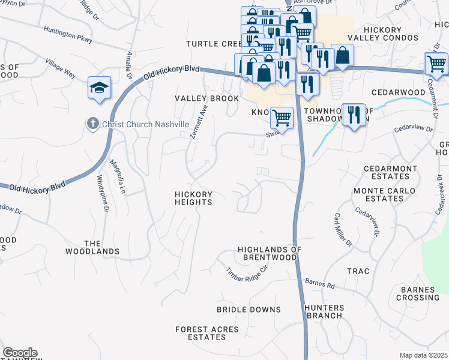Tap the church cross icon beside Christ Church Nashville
click(92, 124)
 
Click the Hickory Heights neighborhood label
click(193, 198)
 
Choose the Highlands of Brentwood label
click(267, 253)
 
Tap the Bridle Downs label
click(249, 310)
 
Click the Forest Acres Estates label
click(206, 333)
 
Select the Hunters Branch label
click(324, 311)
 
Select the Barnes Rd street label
click(319, 284)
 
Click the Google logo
click(20, 353)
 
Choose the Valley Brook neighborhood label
click(206, 98)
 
